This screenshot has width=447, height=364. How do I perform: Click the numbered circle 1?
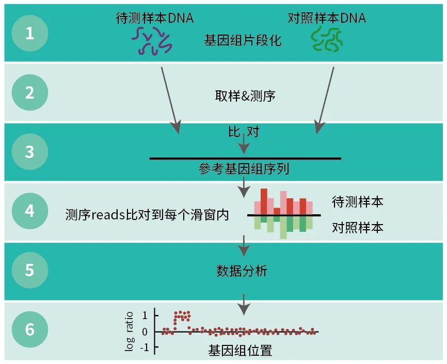click(29, 34)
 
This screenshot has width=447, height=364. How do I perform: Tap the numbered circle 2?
click(29, 93)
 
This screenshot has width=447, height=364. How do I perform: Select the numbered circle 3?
click(29, 152)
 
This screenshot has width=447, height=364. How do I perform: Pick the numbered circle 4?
click(29, 211)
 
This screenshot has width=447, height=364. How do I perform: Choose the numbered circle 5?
click(29, 271)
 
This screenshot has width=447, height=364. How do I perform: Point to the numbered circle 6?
click(29, 329)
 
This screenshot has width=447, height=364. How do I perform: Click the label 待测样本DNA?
click(154, 18)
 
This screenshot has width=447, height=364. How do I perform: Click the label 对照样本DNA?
click(327, 18)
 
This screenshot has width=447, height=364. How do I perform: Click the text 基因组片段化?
click(243, 40)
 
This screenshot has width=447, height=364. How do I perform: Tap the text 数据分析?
click(242, 271)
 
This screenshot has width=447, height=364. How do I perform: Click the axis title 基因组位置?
click(240, 351)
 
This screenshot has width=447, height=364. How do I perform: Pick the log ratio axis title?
click(130, 331)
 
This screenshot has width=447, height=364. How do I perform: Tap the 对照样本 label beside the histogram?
click(357, 227)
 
